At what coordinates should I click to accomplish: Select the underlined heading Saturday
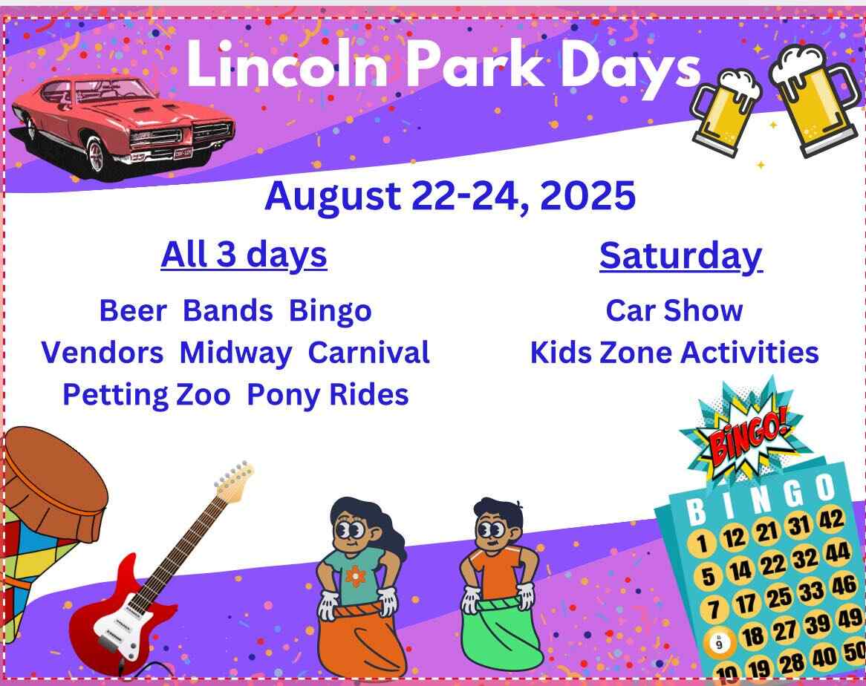pos(681,257)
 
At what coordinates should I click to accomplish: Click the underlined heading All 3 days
pos(244,255)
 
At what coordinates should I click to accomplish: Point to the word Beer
pos(132,311)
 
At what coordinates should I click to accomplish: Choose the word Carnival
pos(368,353)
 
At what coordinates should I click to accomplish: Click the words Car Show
pos(674,311)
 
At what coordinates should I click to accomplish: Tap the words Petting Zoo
pos(146,396)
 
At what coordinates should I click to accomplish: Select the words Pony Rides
pos(328,396)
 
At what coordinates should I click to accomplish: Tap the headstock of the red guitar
pos(235,481)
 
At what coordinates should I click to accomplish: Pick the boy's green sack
pos(501,635)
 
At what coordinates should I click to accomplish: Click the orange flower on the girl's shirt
pos(356,576)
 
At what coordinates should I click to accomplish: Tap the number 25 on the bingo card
pos(778,597)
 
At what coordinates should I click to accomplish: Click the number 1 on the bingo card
pos(701,543)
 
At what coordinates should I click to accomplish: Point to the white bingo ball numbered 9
pos(719,642)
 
